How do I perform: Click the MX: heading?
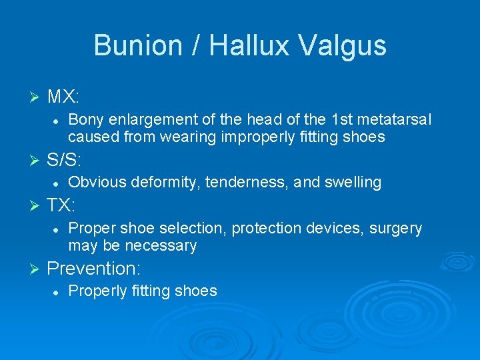(x=63, y=97)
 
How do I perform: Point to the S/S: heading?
(x=65, y=159)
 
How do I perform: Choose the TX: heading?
(x=62, y=205)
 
